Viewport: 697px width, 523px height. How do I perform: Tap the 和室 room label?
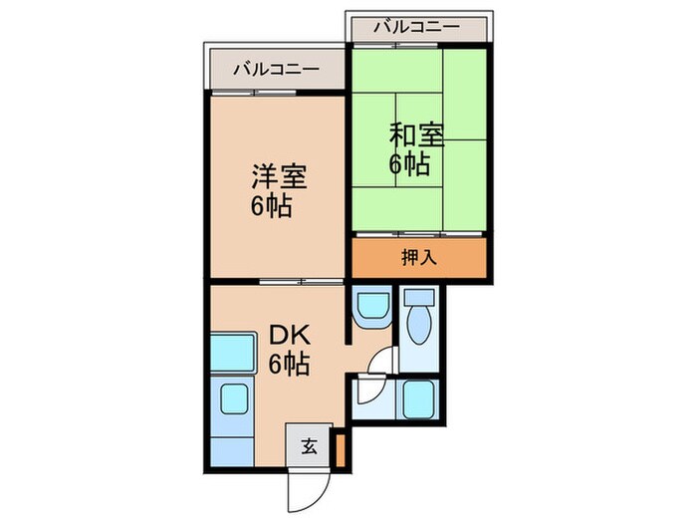[x=411, y=133]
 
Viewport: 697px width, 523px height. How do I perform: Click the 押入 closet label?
[x=418, y=257]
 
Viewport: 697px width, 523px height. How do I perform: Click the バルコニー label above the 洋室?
[x=276, y=70]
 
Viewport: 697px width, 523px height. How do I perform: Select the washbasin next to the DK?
[x=372, y=305]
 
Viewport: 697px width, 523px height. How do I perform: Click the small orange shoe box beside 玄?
[x=341, y=449]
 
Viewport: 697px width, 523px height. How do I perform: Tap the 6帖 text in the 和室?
[x=409, y=163]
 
